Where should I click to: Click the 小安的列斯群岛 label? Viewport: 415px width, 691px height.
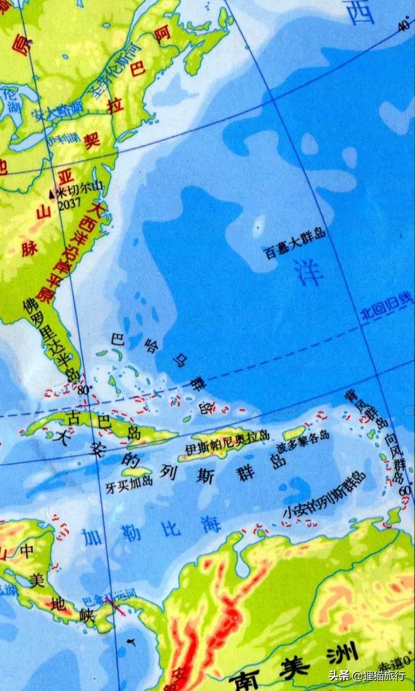point(324,495)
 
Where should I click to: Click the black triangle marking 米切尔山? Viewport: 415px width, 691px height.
point(51,195)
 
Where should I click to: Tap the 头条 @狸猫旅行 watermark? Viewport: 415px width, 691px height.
point(367,675)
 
